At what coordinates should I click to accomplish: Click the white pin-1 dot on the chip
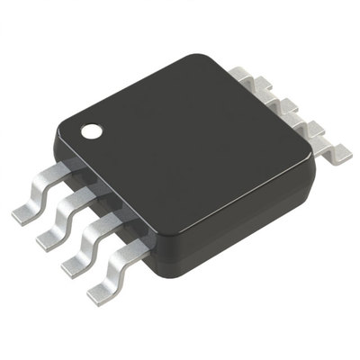[91, 131]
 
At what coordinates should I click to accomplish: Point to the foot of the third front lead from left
[75, 266]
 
